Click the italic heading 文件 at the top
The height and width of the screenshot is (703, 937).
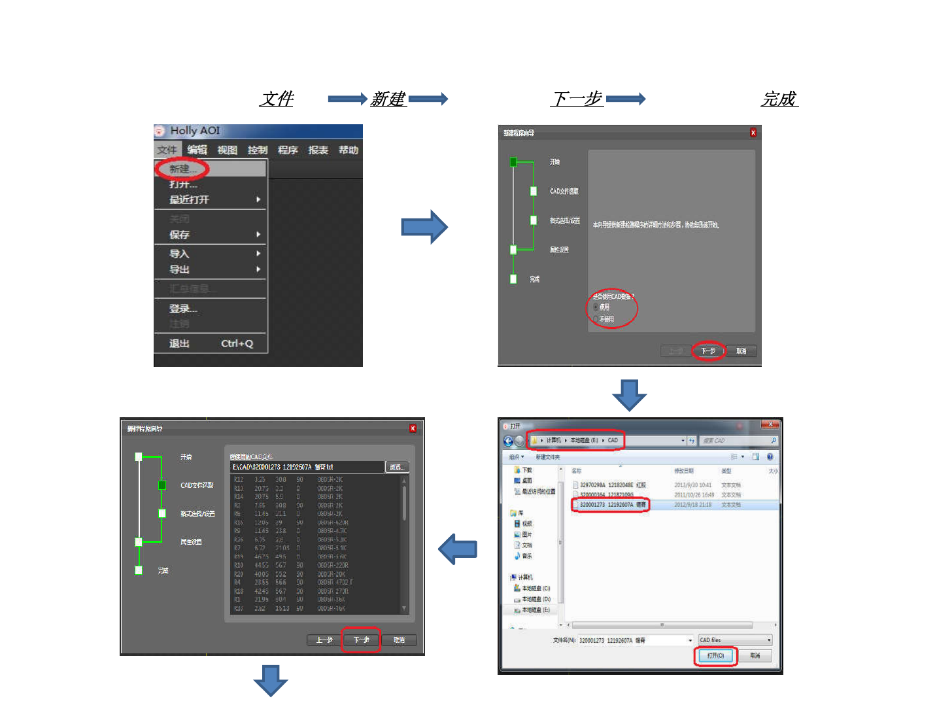pos(277,99)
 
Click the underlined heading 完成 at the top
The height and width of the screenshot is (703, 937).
pos(779,99)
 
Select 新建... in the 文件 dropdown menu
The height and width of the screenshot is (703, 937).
pos(182,169)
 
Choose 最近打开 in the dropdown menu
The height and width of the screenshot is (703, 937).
pos(190,199)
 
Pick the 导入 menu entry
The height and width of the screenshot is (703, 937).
pos(179,253)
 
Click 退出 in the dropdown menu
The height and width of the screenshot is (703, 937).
pos(179,343)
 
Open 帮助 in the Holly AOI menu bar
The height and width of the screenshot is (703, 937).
pos(348,150)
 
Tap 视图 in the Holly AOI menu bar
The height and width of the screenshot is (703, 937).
pos(227,150)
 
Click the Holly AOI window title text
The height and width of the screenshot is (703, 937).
pos(195,131)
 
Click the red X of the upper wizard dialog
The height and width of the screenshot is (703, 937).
pos(753,133)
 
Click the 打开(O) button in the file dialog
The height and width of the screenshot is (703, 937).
pos(715,655)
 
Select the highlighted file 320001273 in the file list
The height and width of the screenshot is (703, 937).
pos(612,505)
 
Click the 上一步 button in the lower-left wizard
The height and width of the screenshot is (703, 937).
pos(324,640)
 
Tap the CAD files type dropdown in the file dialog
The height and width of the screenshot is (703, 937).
pos(735,640)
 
